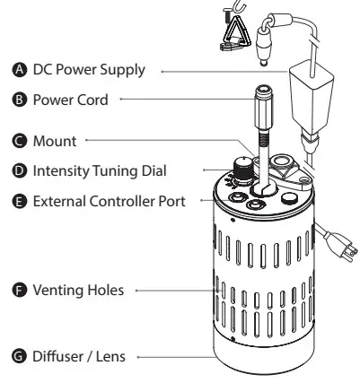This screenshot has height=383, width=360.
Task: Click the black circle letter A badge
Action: point(20,70)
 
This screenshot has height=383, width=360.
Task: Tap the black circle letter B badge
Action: point(20,100)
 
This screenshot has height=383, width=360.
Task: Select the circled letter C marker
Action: point(20,141)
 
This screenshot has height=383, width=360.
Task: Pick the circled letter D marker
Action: point(20,170)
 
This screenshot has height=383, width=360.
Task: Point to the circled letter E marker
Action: point(20,201)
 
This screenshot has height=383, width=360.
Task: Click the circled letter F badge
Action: point(20,290)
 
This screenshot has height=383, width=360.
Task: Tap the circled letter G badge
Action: point(20,356)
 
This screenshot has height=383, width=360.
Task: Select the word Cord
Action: point(92,100)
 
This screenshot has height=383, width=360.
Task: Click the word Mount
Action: point(55,141)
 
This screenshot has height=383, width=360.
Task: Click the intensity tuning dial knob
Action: point(242,170)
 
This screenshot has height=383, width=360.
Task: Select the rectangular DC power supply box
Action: point(312,97)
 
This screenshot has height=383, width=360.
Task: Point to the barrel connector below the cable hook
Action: point(264,46)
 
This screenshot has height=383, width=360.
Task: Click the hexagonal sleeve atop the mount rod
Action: point(264,108)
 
